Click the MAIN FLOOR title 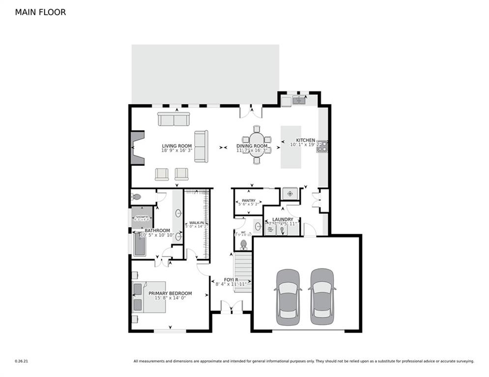40,12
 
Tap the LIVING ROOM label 177,146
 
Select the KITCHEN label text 305,140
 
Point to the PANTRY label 249,200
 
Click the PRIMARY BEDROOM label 170,294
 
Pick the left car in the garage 288,296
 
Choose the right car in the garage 322,296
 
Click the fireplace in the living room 137,147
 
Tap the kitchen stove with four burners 322,146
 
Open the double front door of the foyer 231,308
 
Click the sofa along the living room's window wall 173,119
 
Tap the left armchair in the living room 162,174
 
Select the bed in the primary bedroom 149,297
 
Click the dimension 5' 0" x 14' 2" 196,227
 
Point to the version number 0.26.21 22,361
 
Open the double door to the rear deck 248,111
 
